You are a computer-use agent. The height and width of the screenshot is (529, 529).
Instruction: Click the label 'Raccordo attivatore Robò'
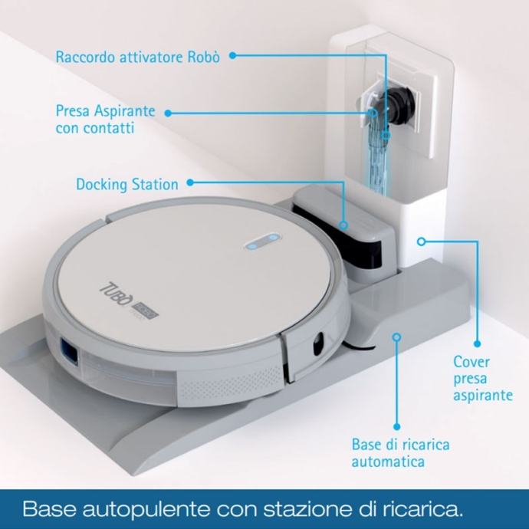coord(138,57)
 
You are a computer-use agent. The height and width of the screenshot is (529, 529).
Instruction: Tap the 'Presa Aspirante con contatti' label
coord(105,119)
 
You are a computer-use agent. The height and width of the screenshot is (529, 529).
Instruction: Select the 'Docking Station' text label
coord(127,184)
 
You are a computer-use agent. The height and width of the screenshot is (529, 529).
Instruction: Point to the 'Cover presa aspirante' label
coord(483,378)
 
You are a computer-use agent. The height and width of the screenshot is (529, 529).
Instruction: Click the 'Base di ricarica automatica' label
coord(400,452)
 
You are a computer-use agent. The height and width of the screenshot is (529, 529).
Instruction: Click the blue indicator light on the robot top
coord(263,242)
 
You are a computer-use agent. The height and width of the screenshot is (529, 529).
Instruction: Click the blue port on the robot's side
coord(69,352)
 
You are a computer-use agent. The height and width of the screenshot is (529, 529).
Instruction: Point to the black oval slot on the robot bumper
coord(318,343)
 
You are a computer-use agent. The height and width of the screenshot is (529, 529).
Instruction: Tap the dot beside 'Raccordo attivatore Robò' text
coord(232,56)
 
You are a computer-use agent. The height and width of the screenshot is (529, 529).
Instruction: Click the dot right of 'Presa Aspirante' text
coord(168,113)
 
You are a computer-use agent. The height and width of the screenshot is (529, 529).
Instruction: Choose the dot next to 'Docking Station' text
coord(190,182)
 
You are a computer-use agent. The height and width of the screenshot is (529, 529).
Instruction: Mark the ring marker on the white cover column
coord(421,242)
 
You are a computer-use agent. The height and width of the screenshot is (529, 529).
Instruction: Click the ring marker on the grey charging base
coord(397,337)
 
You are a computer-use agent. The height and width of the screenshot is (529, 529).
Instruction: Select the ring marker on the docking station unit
coord(343,225)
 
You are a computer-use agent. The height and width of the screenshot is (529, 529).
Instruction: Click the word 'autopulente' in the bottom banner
coord(146,509)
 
